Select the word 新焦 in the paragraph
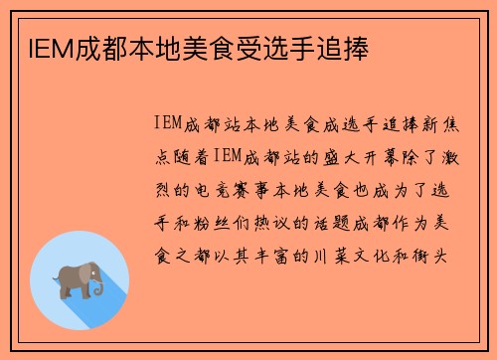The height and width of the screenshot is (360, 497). pyautogui.click(x=436, y=123)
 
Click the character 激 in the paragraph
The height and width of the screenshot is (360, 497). pyautogui.click(x=446, y=156)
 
